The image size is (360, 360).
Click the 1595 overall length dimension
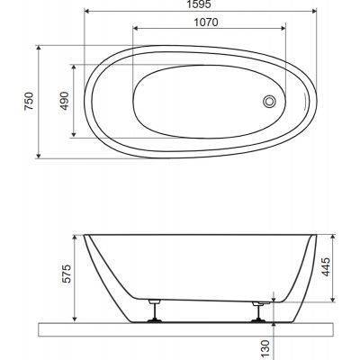tap(199, 4)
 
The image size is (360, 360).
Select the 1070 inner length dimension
tap(206, 22)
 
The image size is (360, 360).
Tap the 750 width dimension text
tap(30, 101)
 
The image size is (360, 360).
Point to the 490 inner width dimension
tap(65, 101)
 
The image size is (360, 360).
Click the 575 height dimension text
tap(67, 274)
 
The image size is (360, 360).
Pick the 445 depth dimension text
tap(326, 266)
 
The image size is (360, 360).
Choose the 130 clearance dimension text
tap(266, 349)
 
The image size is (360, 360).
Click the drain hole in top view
tap(269, 101)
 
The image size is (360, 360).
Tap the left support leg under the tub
tap(155, 310)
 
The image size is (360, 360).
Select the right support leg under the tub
tap(258, 311)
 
